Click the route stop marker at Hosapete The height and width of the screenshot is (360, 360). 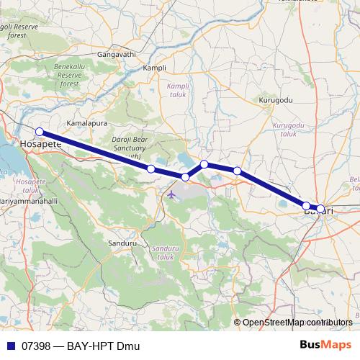[40, 132]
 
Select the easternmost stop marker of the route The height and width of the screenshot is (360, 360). [320, 209]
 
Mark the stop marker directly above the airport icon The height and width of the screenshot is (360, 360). [185, 177]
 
